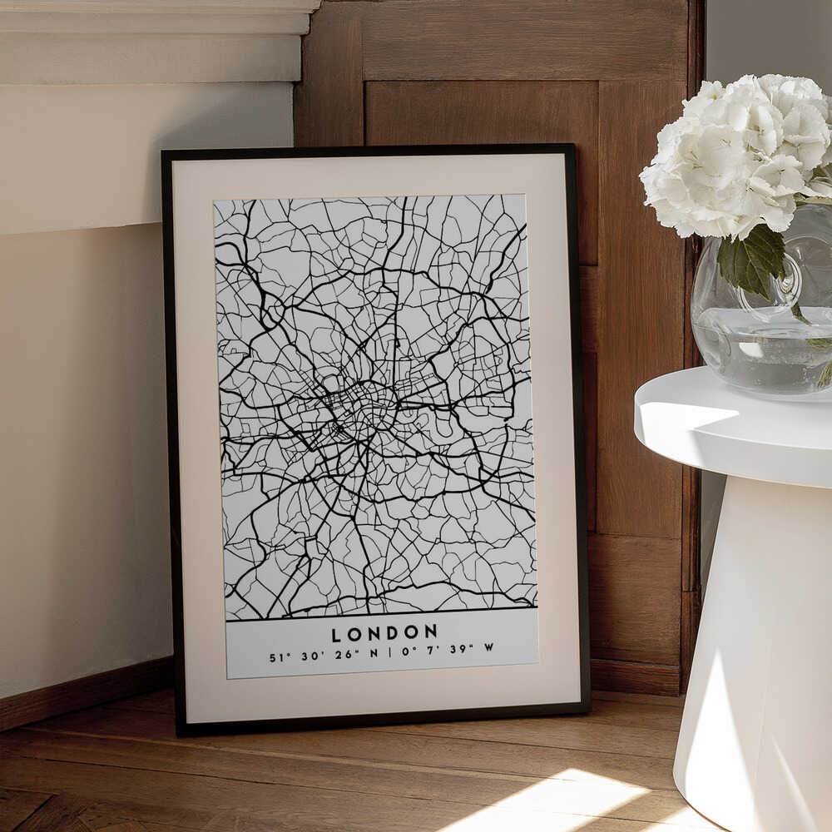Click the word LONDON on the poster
point(384,634)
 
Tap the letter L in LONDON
point(336,635)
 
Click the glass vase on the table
point(761,333)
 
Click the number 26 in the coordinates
point(343,655)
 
